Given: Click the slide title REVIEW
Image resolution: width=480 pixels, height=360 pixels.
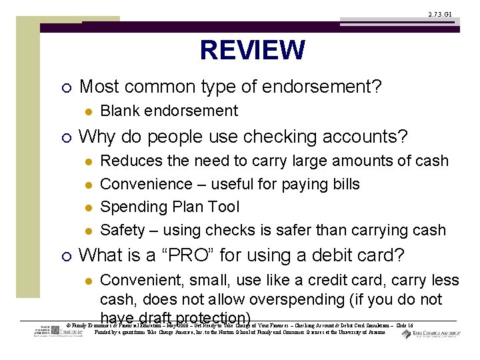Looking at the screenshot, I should pos(252,51).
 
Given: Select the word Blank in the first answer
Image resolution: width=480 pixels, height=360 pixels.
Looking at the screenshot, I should pos(120,111).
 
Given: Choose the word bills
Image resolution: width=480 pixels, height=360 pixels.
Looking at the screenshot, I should pos(344,184).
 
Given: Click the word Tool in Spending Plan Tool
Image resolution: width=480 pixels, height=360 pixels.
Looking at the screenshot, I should pos(225,207).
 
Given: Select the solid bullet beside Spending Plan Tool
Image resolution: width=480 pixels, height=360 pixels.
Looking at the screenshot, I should pos(87,207).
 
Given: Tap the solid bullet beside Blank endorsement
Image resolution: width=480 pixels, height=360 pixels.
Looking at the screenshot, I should pos(87,111).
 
